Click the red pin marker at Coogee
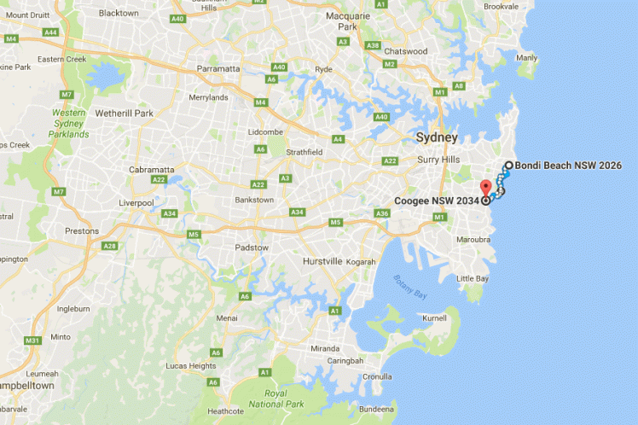click(486, 188)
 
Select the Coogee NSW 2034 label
click(437, 201)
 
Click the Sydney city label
click(437, 137)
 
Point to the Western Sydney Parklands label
click(70, 124)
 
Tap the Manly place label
click(526, 58)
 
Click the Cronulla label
click(376, 376)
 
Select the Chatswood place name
click(406, 51)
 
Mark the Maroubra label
click(473, 239)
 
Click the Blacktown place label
click(119, 13)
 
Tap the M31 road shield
click(33, 341)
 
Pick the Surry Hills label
click(438, 160)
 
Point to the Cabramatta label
click(127, 169)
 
